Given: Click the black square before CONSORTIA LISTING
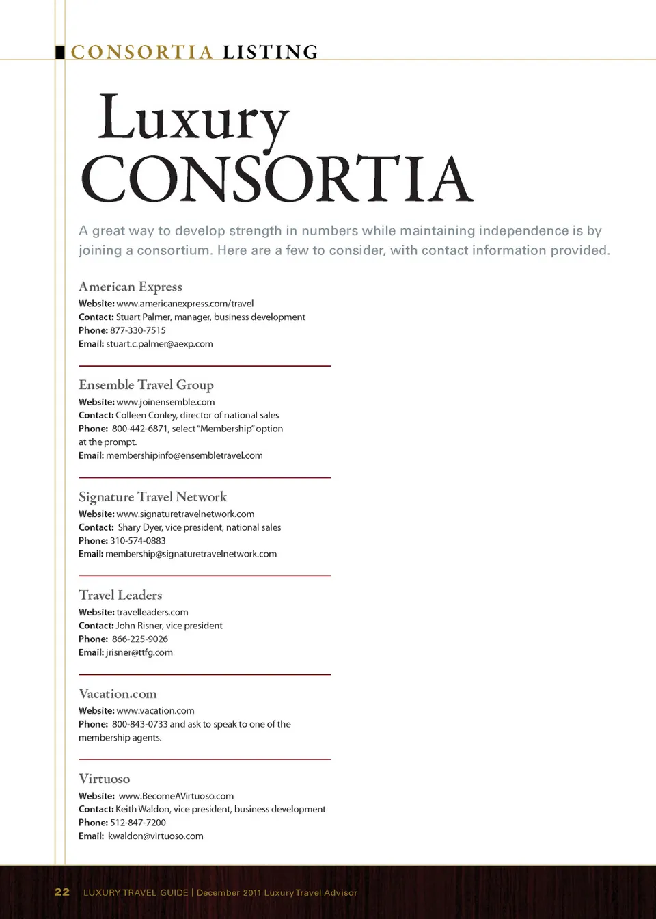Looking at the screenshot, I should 60,52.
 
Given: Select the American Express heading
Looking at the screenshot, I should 131,287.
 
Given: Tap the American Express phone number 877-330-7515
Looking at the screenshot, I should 138,330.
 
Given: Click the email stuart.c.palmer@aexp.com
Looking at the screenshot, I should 159,344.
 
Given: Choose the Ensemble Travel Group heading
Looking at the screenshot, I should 146,385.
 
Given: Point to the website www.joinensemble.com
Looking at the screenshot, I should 165,402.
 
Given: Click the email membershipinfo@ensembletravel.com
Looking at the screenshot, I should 184,455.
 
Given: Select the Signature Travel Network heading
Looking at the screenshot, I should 153,497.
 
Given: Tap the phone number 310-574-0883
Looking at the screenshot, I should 138,541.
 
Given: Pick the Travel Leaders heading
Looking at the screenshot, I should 120,596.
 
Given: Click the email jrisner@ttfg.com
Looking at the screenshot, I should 139,653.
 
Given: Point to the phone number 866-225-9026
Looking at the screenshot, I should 140,639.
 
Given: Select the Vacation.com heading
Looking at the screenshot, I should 118,694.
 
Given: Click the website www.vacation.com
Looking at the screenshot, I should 155,711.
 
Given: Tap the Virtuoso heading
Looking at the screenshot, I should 104,779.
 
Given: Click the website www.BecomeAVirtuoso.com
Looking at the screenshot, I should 176,796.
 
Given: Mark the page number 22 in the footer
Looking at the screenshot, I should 62,892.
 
